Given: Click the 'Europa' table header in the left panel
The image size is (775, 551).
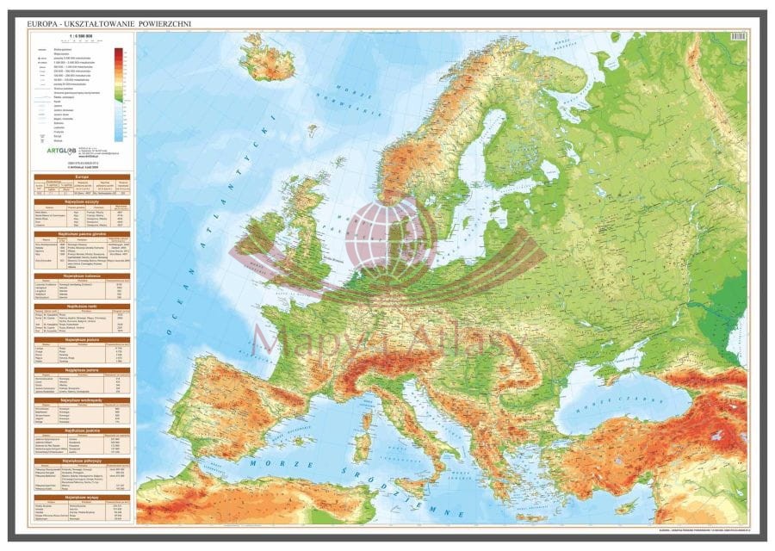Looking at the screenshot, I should click(x=81, y=175).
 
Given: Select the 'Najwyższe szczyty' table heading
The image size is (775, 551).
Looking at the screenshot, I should click(x=81, y=200).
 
